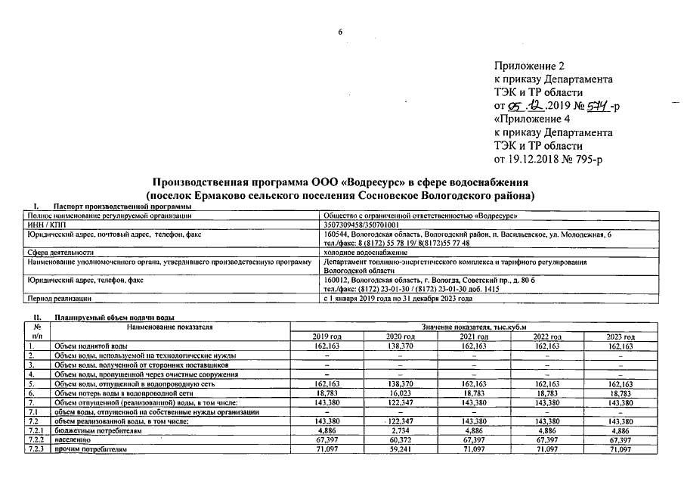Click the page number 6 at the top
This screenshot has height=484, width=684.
point(340,31)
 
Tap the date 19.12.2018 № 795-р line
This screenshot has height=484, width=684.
point(549,159)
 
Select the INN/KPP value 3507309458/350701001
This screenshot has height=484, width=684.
point(362,224)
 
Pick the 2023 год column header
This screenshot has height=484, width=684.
point(620,336)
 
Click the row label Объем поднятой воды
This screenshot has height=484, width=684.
point(91,345)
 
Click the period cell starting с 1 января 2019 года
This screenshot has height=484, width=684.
point(398,299)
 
